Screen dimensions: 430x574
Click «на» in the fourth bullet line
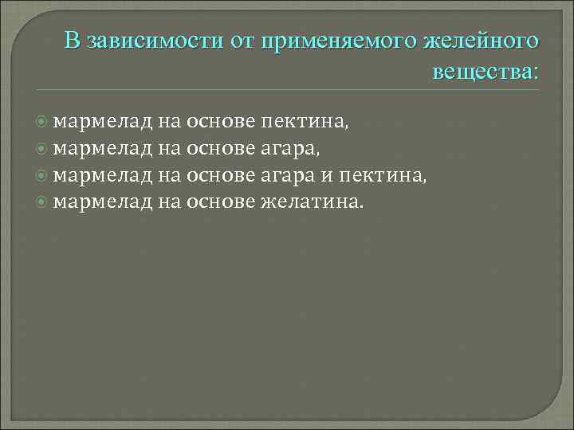coord(168,201)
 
